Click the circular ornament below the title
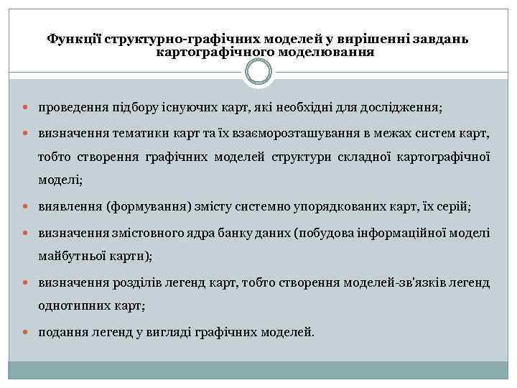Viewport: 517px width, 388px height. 258,72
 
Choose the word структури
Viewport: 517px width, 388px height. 299,157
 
